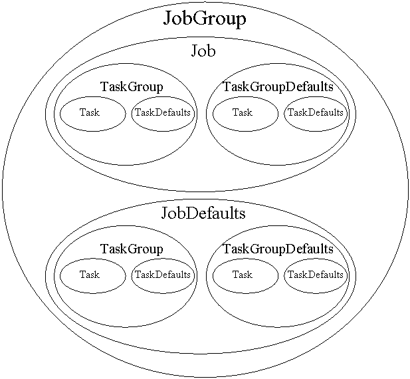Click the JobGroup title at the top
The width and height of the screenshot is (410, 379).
coord(205,19)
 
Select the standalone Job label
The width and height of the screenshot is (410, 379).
coord(203,51)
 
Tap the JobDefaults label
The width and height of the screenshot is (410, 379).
coord(203,213)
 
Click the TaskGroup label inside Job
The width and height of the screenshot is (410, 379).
coord(132,86)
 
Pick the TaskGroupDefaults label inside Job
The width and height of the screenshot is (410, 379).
coord(278,86)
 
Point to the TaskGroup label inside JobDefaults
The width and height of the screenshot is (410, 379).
coord(132,249)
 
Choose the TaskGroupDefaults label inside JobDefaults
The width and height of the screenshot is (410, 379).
coord(278,249)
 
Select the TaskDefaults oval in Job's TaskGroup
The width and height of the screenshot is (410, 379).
coord(163,113)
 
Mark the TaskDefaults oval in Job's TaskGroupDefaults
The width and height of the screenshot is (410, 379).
coord(316,113)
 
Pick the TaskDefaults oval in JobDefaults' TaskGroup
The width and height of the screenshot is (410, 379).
coord(163,275)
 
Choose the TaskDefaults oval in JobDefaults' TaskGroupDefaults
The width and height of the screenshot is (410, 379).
coord(316,275)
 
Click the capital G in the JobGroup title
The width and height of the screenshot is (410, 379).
coord(199,19)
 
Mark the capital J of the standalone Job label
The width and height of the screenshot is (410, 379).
coord(194,51)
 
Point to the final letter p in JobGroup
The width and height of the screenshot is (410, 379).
coord(241,21)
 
